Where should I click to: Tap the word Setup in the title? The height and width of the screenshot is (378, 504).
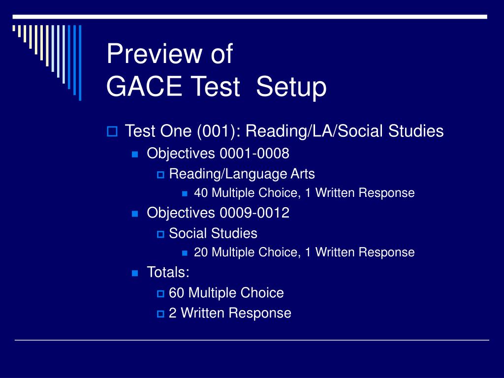(x=291, y=87)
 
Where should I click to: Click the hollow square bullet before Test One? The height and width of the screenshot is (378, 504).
(x=111, y=131)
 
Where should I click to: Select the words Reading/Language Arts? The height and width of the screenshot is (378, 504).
(x=242, y=174)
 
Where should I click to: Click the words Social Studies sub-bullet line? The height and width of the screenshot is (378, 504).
(x=213, y=233)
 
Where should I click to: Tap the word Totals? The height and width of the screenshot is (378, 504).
(x=168, y=272)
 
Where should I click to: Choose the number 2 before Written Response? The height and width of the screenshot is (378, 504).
(x=172, y=313)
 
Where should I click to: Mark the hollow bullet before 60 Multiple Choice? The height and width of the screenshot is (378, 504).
(x=160, y=293)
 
